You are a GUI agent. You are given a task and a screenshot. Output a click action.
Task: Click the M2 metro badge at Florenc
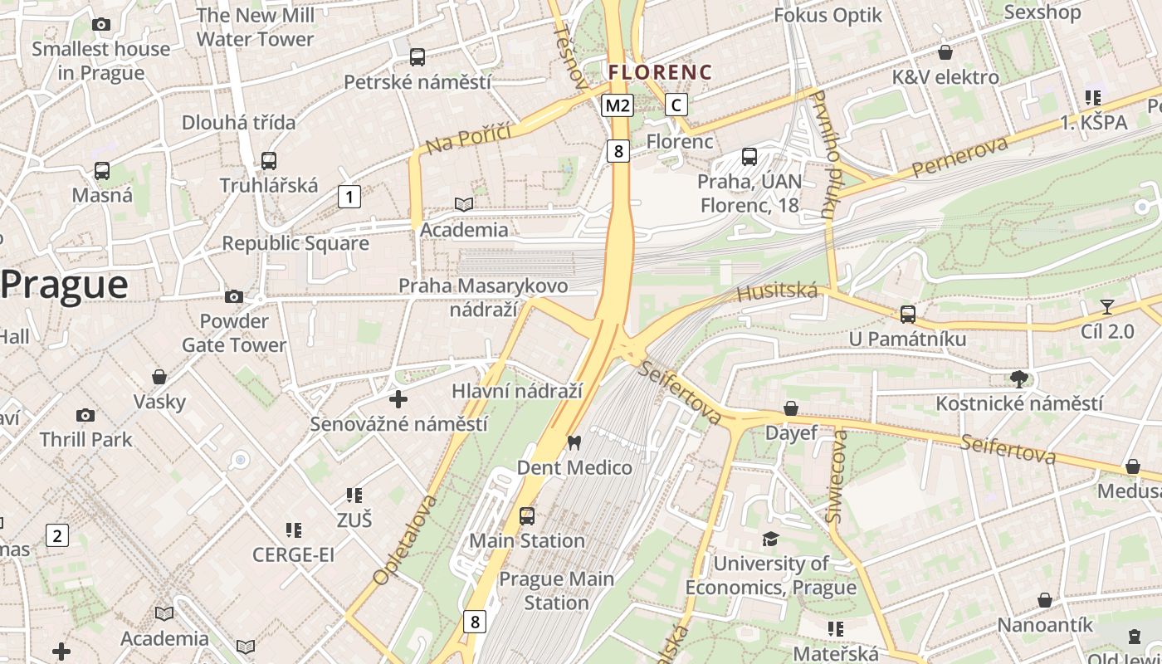click(x=618, y=105)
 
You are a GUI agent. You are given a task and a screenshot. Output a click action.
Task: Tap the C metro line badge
click(x=677, y=105)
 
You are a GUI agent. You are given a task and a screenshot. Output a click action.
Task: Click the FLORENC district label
click(x=660, y=72)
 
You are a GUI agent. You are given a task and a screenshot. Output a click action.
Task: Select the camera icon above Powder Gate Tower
click(x=234, y=296)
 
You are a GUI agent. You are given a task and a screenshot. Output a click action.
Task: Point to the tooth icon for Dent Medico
click(x=573, y=442)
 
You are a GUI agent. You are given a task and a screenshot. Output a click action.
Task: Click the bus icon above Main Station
click(x=527, y=516)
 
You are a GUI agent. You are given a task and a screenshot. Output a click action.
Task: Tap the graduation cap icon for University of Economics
click(x=770, y=539)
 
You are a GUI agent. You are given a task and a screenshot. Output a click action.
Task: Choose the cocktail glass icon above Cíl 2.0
click(x=1106, y=307)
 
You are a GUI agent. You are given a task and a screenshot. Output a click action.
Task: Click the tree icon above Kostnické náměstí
click(x=1019, y=379)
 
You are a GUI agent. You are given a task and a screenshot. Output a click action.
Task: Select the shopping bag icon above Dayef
click(x=791, y=408)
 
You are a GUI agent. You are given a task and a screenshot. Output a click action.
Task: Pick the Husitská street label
click(x=777, y=292)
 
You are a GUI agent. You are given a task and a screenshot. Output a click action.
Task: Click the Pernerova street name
click(x=959, y=155)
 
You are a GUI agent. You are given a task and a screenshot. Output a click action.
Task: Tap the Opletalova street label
click(x=405, y=540)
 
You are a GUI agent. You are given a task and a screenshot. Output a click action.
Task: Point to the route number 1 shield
click(x=349, y=197)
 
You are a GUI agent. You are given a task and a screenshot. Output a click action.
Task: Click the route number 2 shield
click(x=56, y=535)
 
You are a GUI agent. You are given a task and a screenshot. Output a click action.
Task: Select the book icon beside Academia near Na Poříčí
click(x=463, y=204)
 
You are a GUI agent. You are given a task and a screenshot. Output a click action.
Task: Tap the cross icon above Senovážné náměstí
click(x=398, y=399)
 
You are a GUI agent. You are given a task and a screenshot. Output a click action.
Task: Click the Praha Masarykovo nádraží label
click(x=483, y=297)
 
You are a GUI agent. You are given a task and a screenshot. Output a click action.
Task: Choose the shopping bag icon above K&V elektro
click(x=945, y=53)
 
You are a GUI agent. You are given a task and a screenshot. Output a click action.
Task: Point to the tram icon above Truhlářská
click(x=268, y=161)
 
